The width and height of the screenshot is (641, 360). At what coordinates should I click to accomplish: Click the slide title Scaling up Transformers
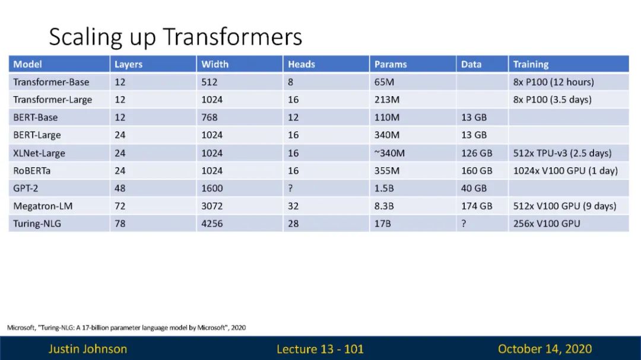point(175,37)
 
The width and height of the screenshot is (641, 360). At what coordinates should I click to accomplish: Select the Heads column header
point(302,64)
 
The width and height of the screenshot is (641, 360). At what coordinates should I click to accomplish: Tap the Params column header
point(391,64)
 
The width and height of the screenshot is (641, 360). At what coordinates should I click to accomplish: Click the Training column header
point(531,64)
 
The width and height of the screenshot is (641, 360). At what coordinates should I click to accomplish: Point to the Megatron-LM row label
point(43,206)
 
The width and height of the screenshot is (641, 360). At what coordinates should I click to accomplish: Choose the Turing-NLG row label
point(37,224)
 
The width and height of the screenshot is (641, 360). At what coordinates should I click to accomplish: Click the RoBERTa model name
point(32,170)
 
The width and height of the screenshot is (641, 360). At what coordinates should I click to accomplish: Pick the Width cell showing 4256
point(212,224)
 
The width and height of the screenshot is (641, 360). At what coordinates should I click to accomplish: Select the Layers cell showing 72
point(120,206)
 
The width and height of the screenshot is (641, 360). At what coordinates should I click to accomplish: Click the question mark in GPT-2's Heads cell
point(290,189)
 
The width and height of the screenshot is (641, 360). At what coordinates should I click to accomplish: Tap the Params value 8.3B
point(384,206)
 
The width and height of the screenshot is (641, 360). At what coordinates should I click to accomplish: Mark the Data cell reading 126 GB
point(477,153)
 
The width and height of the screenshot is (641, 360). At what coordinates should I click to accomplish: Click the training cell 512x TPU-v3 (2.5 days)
point(562,153)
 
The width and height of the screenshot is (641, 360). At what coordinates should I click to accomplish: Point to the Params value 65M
point(384,82)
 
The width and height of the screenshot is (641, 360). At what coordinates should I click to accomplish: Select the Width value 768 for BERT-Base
point(210,117)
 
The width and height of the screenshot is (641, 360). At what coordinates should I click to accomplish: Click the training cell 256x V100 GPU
point(547,224)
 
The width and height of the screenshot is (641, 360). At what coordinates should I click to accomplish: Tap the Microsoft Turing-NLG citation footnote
point(126,327)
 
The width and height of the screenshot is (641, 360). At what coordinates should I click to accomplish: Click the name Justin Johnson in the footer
point(88,349)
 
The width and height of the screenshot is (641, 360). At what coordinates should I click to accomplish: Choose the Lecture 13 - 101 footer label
point(320,349)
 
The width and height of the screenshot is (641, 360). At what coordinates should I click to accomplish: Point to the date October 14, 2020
point(545,349)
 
